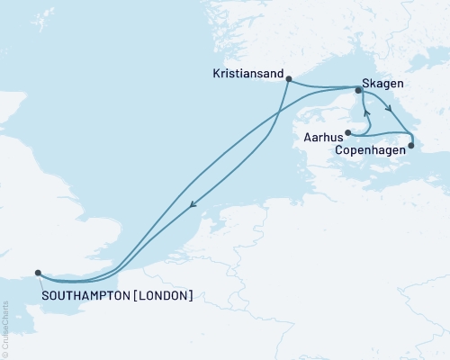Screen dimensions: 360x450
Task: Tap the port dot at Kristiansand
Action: tap(287, 79)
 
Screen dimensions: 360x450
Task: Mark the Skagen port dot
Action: tap(358, 90)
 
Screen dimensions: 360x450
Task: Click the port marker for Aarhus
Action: tap(347, 134)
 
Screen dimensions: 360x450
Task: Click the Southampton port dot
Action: tap(37, 273)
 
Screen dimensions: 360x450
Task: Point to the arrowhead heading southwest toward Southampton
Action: tap(192, 208)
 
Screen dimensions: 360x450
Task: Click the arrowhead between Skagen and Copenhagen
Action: tap(388, 110)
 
